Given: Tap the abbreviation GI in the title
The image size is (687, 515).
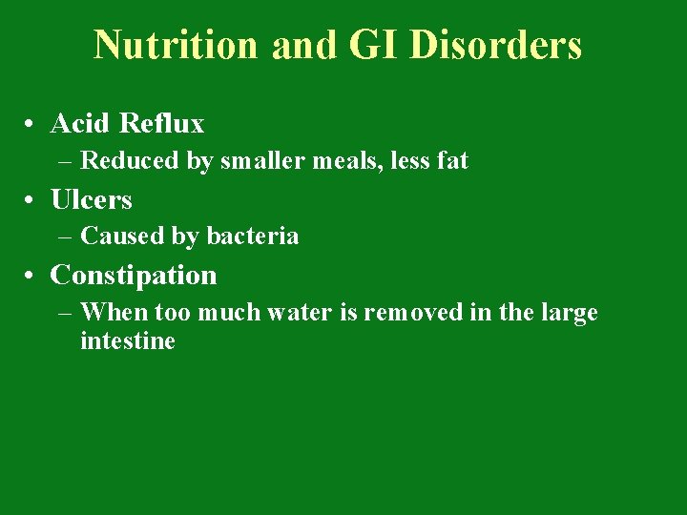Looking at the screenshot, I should (x=365, y=45).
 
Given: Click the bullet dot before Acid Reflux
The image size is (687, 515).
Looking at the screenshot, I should (x=32, y=125).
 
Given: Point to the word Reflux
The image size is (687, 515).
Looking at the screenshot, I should (x=162, y=124).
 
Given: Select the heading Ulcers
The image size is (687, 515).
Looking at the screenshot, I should (x=91, y=200).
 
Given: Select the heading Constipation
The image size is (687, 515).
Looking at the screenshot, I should (x=134, y=276).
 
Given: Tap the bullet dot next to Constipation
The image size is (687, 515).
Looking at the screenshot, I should (x=32, y=277).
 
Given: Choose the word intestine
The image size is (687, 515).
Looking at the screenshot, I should (x=128, y=340).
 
